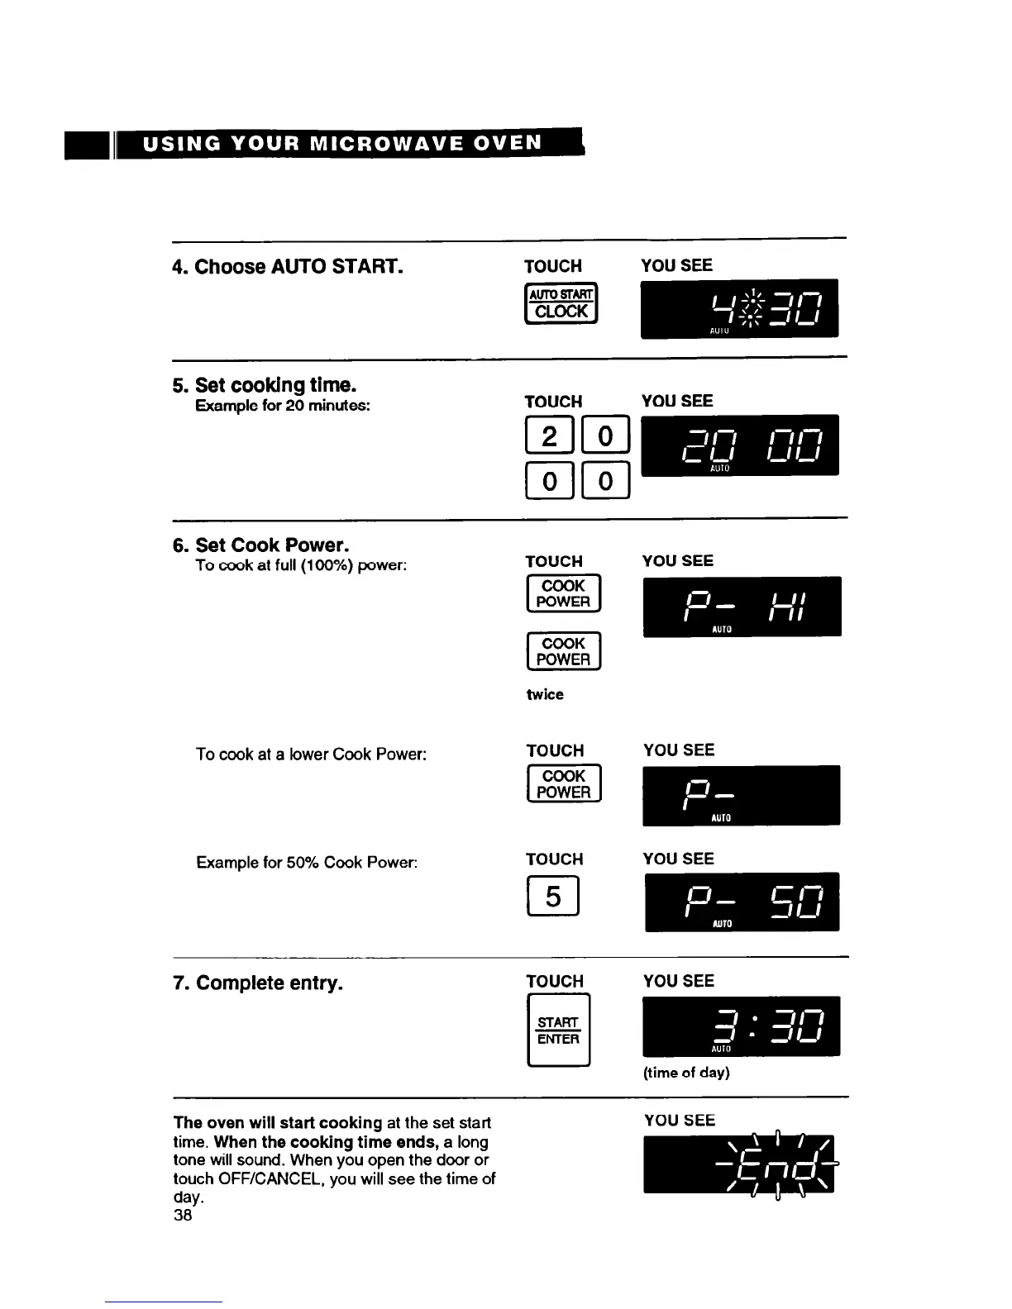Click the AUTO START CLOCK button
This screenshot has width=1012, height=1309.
pos(561,303)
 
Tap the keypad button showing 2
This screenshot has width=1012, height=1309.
pos(549,435)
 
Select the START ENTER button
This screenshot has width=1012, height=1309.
pos(558,1031)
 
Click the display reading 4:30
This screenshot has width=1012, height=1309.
pos(739,308)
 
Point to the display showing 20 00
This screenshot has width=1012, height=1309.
pos(740,445)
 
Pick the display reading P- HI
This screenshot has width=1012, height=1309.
pos(742,606)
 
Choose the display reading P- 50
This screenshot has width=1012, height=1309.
pos(742,902)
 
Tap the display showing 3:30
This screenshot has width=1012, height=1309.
pos(741,1026)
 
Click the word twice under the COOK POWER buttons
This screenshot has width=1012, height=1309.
pos(545,695)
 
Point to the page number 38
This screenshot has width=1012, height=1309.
pos(183,1215)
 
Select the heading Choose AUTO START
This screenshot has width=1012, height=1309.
pos(288,267)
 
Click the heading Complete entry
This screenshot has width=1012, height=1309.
pos(258,983)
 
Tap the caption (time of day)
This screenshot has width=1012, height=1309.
pos(686,1073)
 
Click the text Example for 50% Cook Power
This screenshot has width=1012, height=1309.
pos(307,863)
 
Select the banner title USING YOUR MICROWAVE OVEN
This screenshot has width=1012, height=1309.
pos(342,143)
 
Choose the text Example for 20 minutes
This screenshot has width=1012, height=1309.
pos(283,406)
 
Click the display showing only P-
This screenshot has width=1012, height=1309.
pos(741,795)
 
